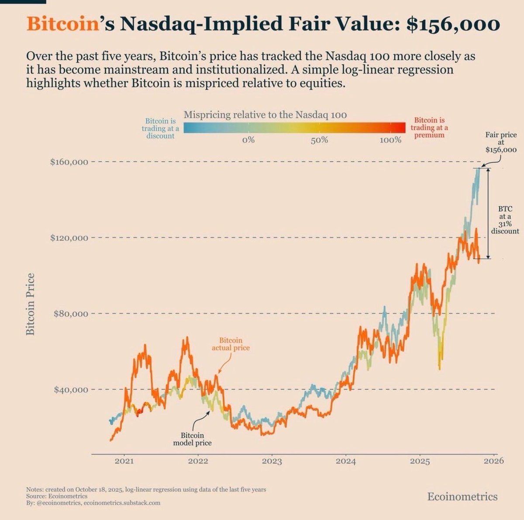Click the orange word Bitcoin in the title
(x=61, y=24)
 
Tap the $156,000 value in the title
(x=452, y=24)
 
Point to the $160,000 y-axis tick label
(x=69, y=162)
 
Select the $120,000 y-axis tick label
(x=69, y=238)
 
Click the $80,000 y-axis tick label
(x=71, y=314)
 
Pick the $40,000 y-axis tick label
(x=71, y=390)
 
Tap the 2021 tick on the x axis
(x=124, y=461)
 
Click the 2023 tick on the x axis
(x=272, y=461)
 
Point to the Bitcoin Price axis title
(x=30, y=304)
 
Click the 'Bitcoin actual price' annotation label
(x=231, y=344)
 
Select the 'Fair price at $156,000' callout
(x=501, y=142)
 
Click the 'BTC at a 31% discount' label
(x=505, y=220)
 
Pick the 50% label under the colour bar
(x=319, y=140)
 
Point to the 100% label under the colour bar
(x=390, y=140)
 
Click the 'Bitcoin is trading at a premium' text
(x=429, y=128)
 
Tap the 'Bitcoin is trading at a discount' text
(x=160, y=128)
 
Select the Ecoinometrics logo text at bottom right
(x=462, y=496)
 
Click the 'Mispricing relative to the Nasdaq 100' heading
(x=265, y=115)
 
